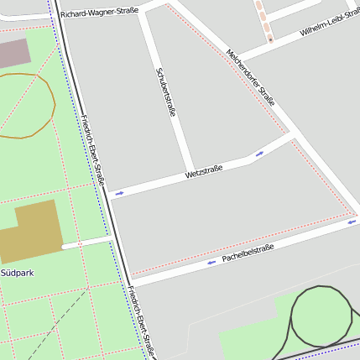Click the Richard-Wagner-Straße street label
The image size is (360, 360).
point(99,13)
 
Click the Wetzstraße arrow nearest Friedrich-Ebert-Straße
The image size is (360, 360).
point(119,194)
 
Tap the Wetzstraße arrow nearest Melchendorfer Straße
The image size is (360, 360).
point(259,154)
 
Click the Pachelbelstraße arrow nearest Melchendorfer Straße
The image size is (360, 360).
point(351,222)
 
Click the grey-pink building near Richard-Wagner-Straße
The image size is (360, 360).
point(13,53)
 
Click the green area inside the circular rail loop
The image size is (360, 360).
point(321,317)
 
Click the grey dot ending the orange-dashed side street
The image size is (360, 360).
point(270,39)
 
